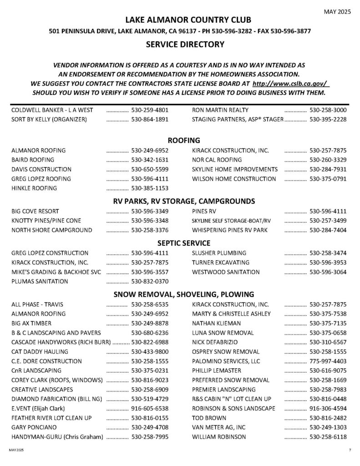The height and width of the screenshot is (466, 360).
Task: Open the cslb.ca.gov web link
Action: click(x=290, y=84)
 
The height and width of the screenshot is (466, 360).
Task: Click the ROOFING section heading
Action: click(x=180, y=140)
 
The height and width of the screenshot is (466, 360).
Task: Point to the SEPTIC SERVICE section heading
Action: click(x=180, y=243)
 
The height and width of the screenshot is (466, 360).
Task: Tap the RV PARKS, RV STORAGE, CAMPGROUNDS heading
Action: click(x=180, y=201)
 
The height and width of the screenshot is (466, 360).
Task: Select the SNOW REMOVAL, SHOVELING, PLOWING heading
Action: click(x=180, y=294)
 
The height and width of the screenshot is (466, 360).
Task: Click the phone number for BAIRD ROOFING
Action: click(x=150, y=160)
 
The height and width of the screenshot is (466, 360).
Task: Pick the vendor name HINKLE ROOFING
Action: click(x=34, y=188)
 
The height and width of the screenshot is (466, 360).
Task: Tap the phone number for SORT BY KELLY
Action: click(x=150, y=120)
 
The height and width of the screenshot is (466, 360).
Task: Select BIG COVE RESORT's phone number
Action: click(x=150, y=211)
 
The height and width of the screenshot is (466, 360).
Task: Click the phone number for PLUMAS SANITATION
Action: click(x=150, y=281)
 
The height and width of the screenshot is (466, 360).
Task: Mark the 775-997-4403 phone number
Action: click(x=328, y=361)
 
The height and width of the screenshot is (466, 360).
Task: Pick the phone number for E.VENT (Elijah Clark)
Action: click(x=150, y=409)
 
